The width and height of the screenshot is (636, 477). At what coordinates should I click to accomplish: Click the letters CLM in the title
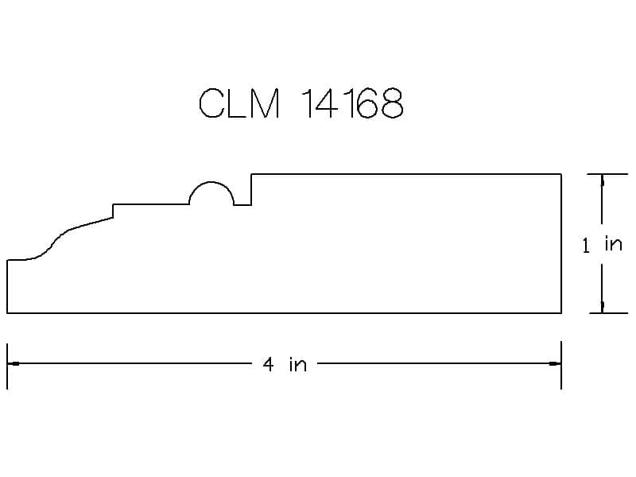pos(239,103)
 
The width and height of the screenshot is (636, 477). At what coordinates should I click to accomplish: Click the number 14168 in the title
pos(353,103)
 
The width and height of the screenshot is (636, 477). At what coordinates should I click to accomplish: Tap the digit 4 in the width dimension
pos(268,364)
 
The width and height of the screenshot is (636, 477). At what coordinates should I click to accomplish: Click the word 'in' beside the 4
pos(297,364)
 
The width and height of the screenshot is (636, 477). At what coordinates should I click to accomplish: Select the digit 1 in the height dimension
pos(586,246)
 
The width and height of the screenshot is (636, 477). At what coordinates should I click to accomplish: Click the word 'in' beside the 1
pos(613,244)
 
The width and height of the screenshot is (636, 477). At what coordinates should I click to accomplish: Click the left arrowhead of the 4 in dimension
pos(13,363)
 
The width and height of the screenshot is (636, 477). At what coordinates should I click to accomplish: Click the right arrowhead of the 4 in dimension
pos(555,363)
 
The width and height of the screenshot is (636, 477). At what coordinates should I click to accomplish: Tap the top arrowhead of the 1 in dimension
pos(603,180)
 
